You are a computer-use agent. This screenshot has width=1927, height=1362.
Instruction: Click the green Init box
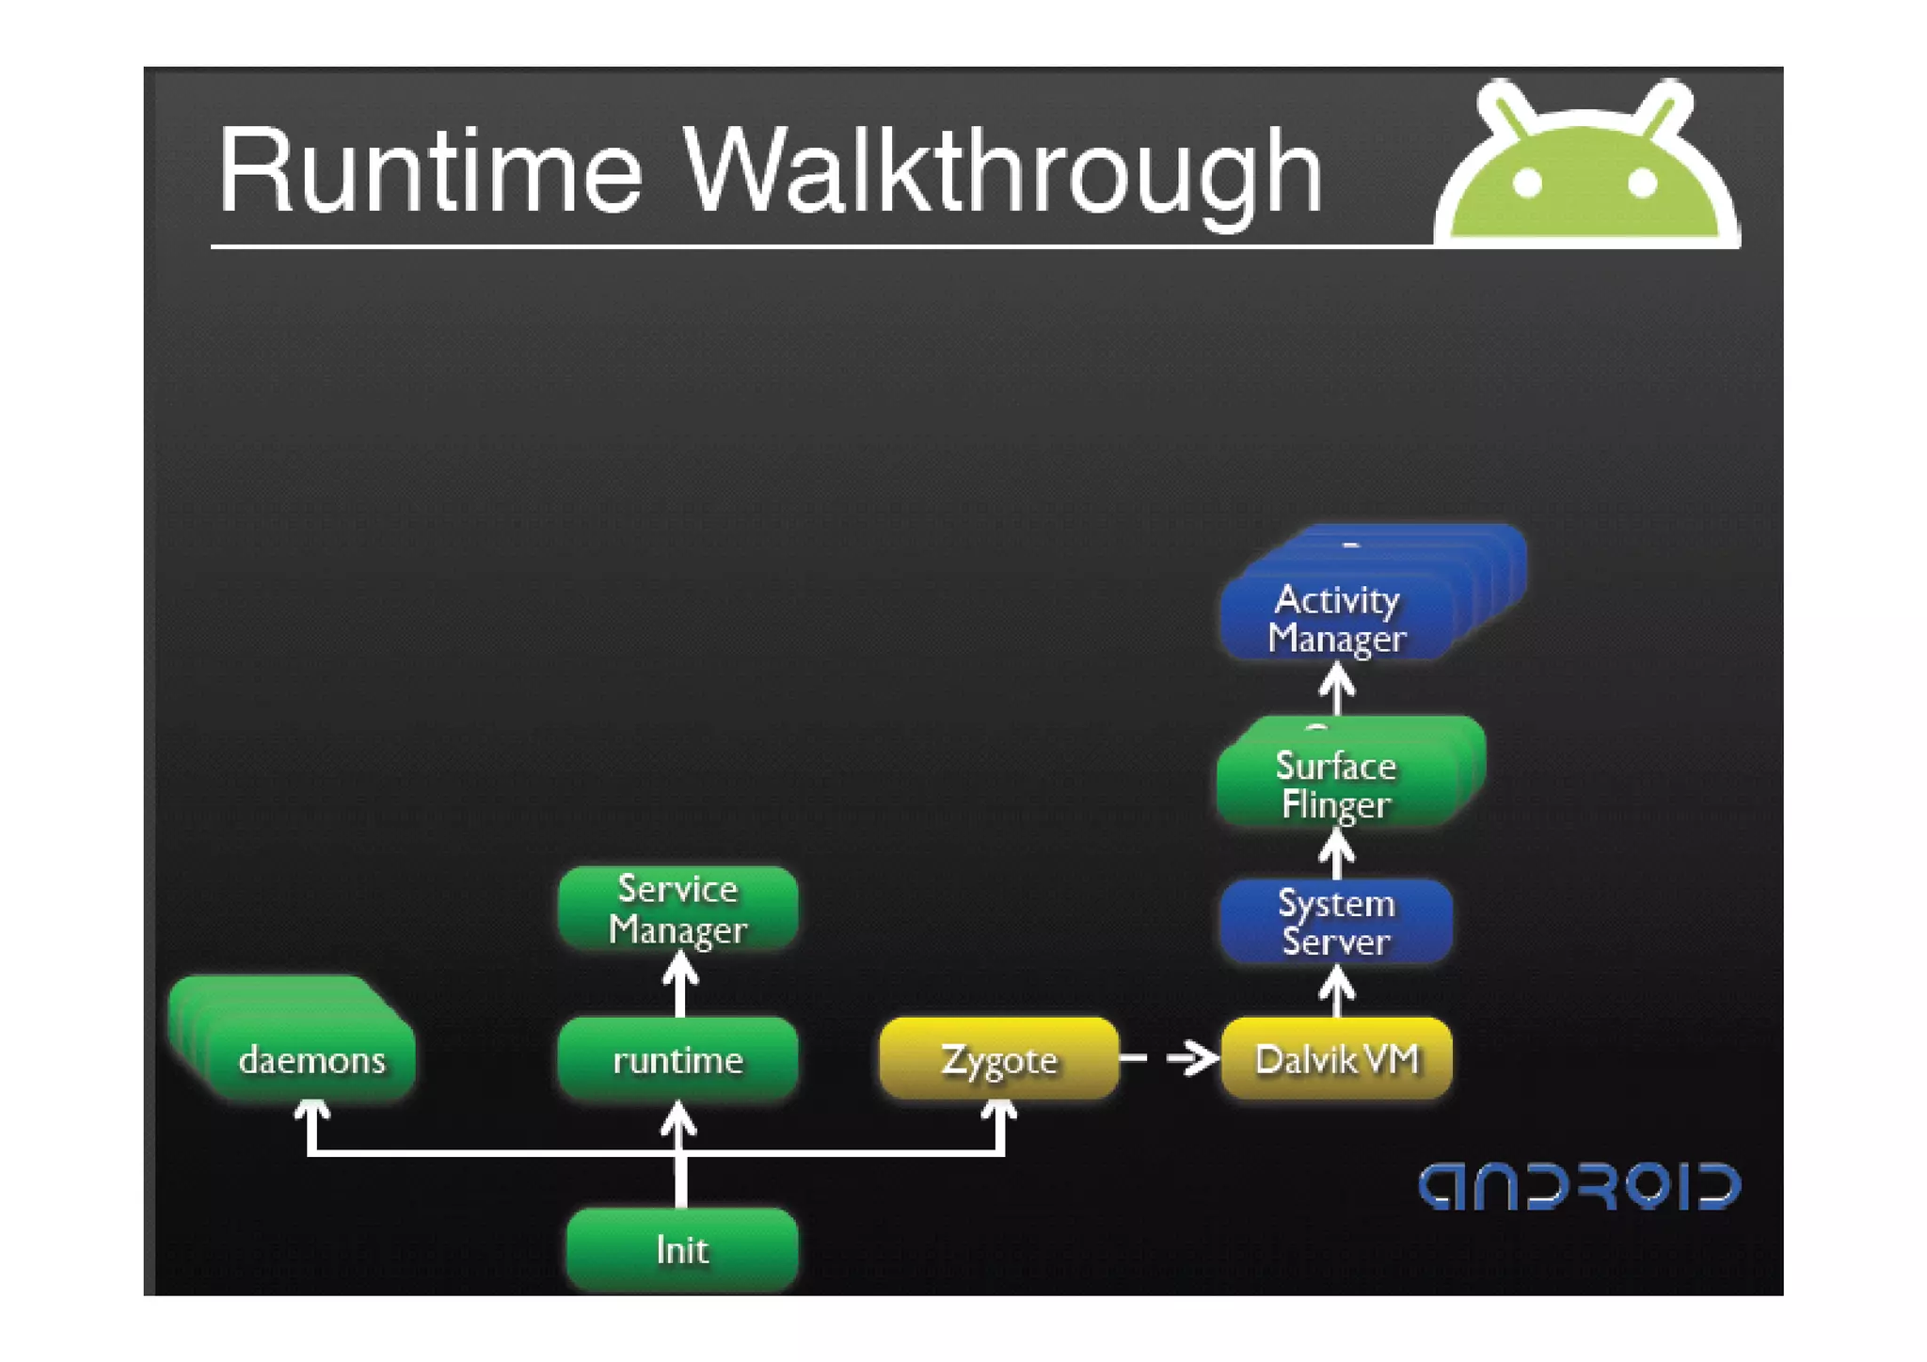click(682, 1249)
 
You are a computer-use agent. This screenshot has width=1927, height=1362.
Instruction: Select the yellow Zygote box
click(999, 1059)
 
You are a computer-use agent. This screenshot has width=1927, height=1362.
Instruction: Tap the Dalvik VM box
click(1336, 1059)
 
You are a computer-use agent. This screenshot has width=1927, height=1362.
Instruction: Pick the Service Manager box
click(678, 909)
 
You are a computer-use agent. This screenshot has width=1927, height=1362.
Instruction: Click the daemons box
click(311, 1060)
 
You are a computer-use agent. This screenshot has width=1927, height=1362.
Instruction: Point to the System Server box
click(1336, 922)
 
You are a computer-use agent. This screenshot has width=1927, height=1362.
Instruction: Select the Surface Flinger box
click(1336, 784)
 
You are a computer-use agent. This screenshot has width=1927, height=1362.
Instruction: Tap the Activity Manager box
click(1336, 618)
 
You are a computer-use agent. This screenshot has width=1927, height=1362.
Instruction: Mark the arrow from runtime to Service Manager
click(679, 984)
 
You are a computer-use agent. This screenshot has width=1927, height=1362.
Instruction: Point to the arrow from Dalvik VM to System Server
click(1337, 991)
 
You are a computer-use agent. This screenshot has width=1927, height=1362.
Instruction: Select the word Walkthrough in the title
click(1003, 172)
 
